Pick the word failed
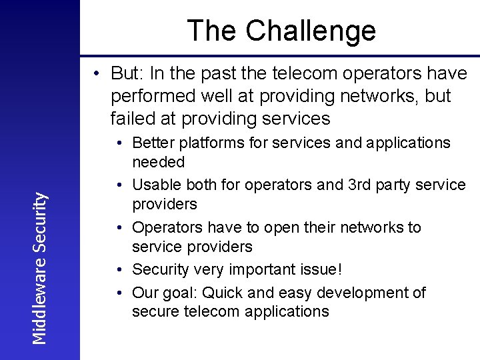(131, 119)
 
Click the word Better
(153, 143)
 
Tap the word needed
(159, 161)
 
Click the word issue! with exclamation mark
(319, 269)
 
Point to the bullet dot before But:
(97, 73)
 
